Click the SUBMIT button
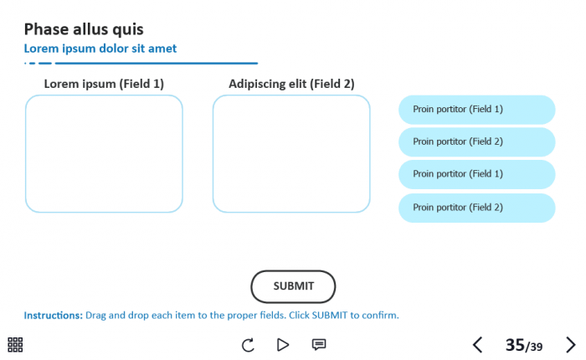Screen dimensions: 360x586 coord(293,286)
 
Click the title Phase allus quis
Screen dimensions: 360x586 coord(84,29)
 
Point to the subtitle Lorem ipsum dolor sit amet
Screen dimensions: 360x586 coord(100,49)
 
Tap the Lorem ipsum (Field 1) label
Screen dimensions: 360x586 coord(104,84)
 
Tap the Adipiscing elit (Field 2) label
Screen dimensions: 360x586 coord(291,84)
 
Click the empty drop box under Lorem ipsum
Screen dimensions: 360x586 coord(104,153)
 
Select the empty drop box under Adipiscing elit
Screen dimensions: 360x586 coord(291,153)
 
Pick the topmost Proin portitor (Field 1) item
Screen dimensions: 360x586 coord(476,110)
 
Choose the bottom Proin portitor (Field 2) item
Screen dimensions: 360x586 coord(476,208)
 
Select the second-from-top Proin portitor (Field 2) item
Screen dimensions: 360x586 coord(476,142)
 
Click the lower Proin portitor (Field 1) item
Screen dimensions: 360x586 coord(476,174)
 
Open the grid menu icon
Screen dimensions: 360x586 coord(15,344)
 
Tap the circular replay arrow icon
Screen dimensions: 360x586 coord(248,344)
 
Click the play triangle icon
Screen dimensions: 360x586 coord(283,344)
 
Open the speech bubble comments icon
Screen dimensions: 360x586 coord(319,344)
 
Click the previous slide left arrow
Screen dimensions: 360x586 coord(477,344)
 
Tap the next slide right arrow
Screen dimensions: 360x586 coord(571,344)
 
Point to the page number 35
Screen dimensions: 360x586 coord(514,344)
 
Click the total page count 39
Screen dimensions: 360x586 coord(536,347)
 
